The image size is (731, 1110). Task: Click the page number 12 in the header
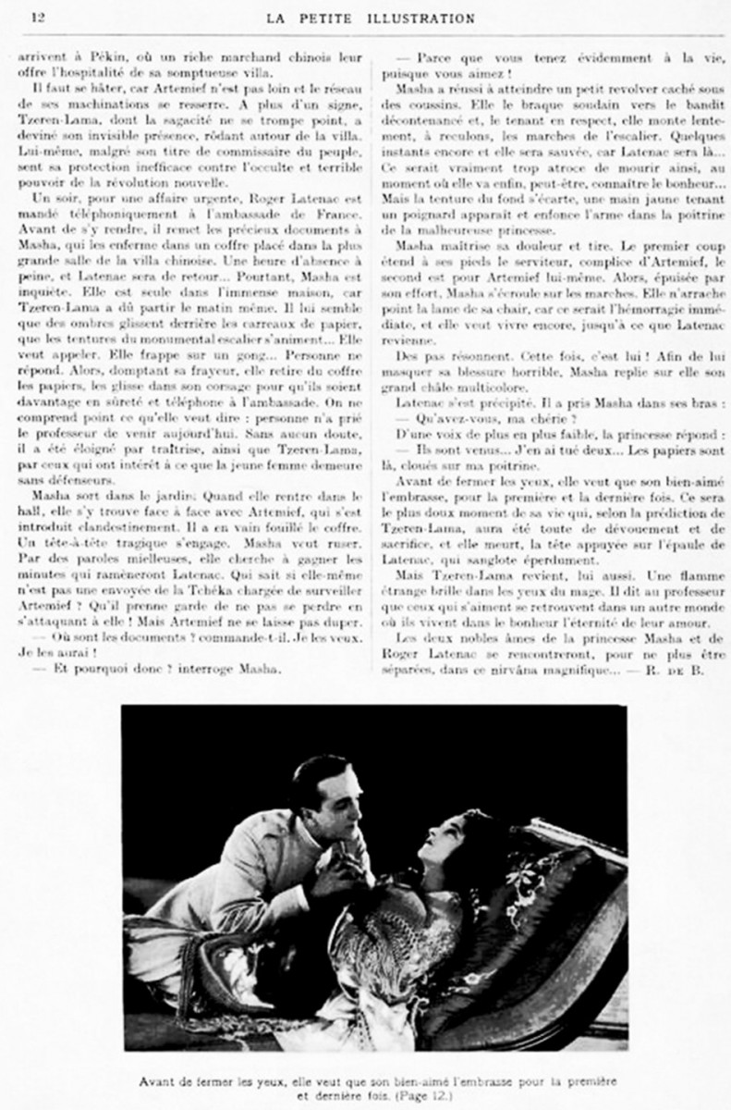(x=38, y=18)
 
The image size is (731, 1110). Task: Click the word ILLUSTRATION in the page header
(x=423, y=18)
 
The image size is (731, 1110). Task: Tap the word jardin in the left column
(x=140, y=509)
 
